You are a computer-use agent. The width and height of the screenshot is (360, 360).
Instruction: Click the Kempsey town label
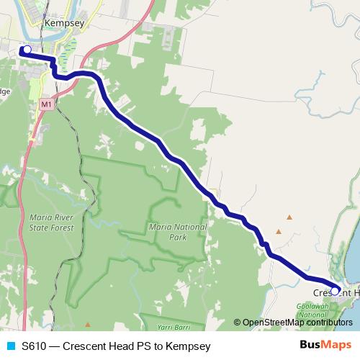(x=65, y=23)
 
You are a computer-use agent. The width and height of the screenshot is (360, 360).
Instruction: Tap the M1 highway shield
(x=46, y=104)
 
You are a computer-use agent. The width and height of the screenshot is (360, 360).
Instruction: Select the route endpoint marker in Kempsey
(x=27, y=50)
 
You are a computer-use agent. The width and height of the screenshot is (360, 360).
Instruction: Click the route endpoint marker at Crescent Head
(x=335, y=291)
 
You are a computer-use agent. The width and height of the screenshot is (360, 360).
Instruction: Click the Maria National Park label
(x=167, y=231)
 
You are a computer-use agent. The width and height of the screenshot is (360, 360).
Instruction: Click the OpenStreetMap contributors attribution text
(x=297, y=322)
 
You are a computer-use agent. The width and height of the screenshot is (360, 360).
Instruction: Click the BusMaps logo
(x=325, y=345)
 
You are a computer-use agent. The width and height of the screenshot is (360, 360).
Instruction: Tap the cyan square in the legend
(x=10, y=346)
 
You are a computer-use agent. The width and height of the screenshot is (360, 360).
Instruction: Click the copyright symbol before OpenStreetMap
(x=237, y=322)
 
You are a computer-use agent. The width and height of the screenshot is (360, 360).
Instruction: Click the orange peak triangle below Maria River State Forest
(x=88, y=325)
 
